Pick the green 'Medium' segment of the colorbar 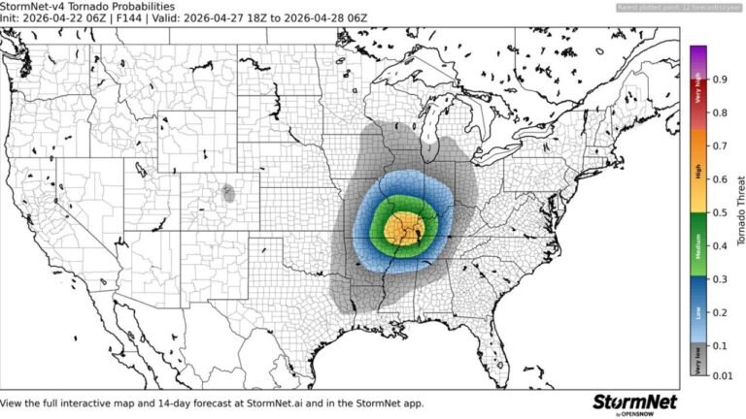coord(697,245)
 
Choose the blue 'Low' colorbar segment coord(697,311)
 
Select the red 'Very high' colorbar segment coord(697,96)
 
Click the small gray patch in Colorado coord(229,192)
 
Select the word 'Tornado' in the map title coord(85,7)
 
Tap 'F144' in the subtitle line coord(128,19)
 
